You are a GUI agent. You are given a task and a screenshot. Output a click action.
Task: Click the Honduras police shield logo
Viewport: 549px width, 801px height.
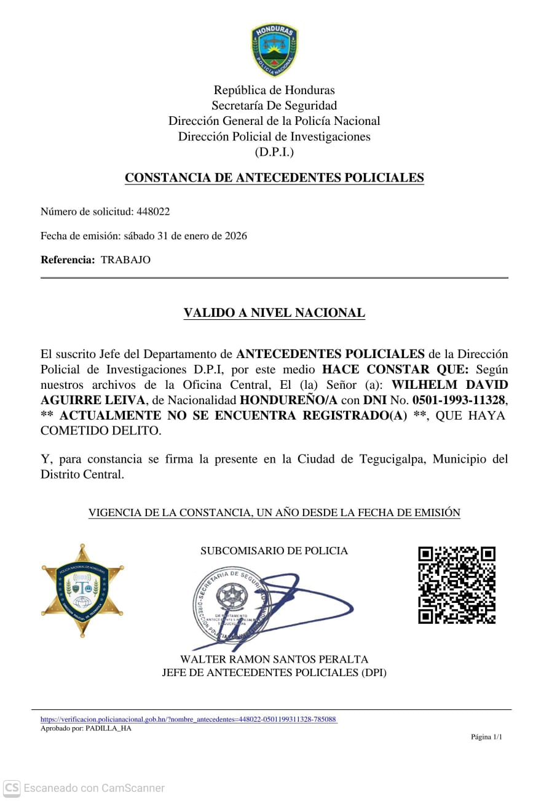(274, 50)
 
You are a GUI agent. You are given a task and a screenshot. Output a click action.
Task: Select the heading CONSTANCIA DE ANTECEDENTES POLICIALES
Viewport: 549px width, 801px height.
(274, 178)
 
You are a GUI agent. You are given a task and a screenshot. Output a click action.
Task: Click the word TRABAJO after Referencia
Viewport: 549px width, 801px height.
(125, 260)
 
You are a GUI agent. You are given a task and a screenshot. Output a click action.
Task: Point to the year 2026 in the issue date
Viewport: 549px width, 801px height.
(235, 236)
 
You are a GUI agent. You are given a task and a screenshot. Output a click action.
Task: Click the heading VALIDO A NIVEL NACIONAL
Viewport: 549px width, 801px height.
(274, 313)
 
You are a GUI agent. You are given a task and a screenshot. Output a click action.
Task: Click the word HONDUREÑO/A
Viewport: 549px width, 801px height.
(288, 400)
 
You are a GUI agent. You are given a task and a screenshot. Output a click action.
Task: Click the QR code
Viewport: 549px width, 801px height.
(457, 585)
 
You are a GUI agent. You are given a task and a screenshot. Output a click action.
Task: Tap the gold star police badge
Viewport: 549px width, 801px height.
(82, 590)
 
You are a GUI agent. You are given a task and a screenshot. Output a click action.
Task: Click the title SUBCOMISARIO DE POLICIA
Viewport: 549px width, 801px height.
(274, 551)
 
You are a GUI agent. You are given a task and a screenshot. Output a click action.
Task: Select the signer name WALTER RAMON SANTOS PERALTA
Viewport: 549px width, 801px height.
(274, 660)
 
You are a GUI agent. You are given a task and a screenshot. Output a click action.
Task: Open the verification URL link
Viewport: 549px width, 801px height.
(189, 719)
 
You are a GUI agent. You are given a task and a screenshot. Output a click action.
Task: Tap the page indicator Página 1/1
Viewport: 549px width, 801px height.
(486, 736)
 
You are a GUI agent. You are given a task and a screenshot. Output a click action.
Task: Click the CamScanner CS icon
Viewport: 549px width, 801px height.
(12, 787)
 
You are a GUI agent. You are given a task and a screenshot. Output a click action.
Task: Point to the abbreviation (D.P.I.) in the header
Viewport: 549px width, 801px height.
(274, 152)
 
